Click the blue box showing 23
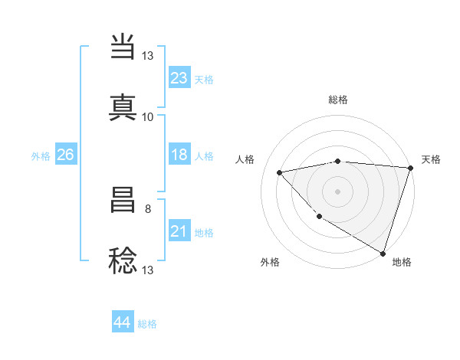point(179,78)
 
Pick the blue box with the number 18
point(179,155)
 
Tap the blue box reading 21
point(179,231)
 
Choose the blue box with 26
point(65,155)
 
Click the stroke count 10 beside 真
point(148,117)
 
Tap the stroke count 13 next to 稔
point(148,270)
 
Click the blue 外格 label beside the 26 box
point(41,156)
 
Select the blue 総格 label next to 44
point(147,324)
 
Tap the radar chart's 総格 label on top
point(338,100)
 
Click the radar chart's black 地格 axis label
point(402,262)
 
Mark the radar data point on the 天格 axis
point(410,168)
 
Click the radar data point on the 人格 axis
point(280,172)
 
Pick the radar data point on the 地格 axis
point(383,254)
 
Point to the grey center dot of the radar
point(337,191)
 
